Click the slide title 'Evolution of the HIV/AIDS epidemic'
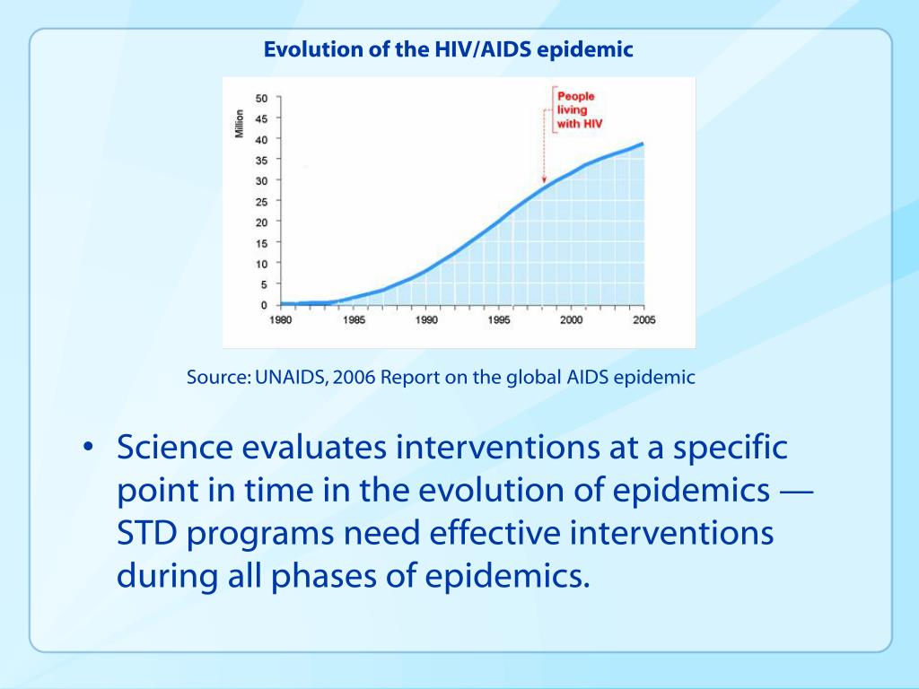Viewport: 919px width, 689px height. click(448, 50)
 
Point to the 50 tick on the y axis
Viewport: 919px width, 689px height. click(261, 97)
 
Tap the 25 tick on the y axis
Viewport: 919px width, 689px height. click(261, 201)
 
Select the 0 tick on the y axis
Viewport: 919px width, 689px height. click(264, 305)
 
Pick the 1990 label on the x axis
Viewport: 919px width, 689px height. click(426, 320)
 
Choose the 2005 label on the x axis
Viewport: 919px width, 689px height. click(643, 320)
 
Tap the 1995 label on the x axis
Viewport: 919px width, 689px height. click(499, 320)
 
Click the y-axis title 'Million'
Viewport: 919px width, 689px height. click(240, 123)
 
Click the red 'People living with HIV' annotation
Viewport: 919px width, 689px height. click(576, 110)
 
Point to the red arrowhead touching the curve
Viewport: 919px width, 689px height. click(544, 179)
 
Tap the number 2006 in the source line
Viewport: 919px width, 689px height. click(355, 378)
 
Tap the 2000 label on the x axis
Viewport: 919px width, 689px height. click(572, 320)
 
